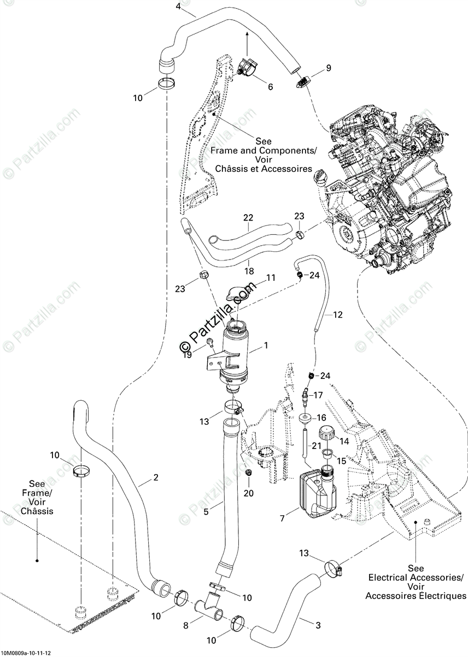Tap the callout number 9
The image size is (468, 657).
pos(329,68)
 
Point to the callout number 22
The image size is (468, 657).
pos(248,218)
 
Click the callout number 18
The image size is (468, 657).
pos(249,271)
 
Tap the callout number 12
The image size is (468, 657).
pos(337,315)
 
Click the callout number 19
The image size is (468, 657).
pos(188,355)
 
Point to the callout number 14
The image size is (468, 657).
pos(345,441)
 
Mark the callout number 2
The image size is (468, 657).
pos(156,477)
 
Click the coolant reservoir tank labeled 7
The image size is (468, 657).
pos(318,493)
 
